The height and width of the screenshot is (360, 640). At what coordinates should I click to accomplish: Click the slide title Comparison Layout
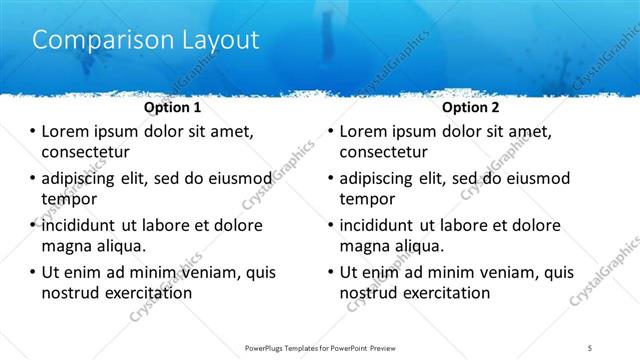tap(146, 40)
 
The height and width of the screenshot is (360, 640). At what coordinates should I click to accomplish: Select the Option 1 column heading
tap(173, 106)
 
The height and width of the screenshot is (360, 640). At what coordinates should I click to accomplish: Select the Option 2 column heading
tap(472, 106)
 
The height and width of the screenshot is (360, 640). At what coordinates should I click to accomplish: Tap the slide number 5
tap(590, 347)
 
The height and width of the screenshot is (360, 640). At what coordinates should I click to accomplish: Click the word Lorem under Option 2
tap(366, 132)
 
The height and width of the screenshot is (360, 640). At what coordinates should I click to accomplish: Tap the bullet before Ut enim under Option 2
tap(331, 272)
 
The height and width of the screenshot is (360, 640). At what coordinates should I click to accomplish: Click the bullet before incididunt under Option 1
tap(33, 225)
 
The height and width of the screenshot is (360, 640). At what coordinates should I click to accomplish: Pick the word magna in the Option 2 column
tap(364, 245)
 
